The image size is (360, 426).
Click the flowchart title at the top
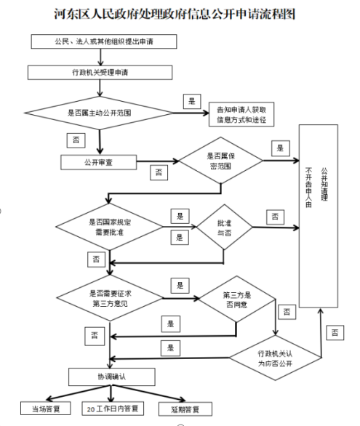[175, 14]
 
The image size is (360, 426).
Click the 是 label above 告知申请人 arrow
[192, 101]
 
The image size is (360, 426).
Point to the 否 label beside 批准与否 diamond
[275, 217]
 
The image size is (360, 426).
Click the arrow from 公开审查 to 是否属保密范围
[158, 161]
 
